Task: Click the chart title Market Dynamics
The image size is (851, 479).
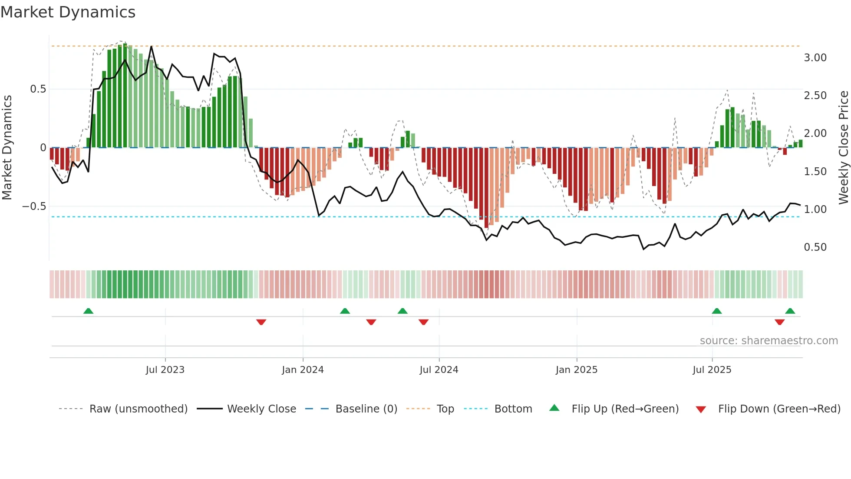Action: (68, 12)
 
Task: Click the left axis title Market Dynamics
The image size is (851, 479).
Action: (7, 147)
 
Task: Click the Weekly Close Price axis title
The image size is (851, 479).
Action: (843, 147)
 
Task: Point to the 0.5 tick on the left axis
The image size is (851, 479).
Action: (38, 89)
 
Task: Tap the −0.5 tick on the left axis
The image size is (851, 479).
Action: (34, 206)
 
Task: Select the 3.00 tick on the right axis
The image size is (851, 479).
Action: (815, 58)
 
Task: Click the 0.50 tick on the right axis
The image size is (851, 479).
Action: (815, 247)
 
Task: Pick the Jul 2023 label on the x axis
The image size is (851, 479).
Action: (165, 370)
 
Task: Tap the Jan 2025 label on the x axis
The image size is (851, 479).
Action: (577, 370)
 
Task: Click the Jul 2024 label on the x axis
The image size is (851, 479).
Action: (439, 370)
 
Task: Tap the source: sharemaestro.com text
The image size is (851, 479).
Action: (769, 341)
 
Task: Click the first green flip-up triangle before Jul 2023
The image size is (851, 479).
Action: (88, 311)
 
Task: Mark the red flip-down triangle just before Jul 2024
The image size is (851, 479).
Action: (423, 322)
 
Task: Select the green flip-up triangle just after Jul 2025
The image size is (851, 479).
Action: (717, 311)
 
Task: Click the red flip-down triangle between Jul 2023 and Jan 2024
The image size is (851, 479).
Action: (261, 322)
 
